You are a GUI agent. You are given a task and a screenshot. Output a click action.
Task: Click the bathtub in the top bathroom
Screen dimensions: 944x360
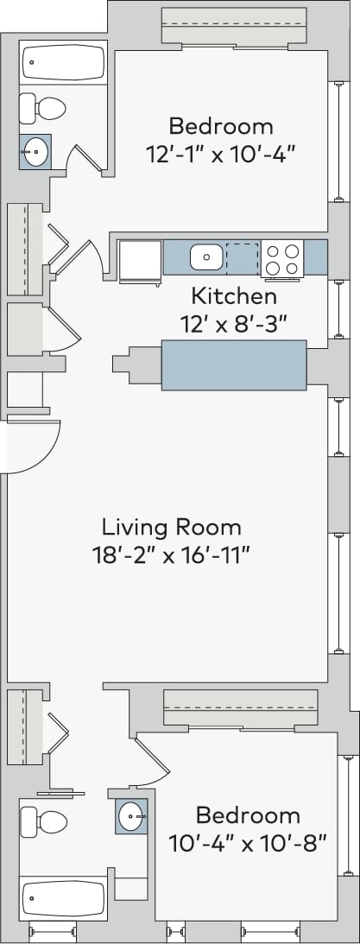tap(63, 63)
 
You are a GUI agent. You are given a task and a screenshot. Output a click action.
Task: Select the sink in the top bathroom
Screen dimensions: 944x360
tap(35, 152)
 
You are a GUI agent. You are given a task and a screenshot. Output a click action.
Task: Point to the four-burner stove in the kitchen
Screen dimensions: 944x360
tap(281, 258)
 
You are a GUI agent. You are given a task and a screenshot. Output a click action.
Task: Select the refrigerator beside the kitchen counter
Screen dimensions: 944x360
tap(140, 260)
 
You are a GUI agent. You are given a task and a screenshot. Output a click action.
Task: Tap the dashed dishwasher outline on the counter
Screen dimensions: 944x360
tap(242, 257)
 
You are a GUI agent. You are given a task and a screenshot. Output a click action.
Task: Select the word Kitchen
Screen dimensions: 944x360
tap(233, 297)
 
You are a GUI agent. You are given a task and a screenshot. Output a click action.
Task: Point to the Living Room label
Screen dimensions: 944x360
tap(172, 526)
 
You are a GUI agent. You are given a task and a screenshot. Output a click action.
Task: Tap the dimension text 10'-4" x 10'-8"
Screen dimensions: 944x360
tap(247, 842)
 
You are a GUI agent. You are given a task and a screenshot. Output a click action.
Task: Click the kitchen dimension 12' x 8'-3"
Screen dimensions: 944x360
tap(233, 325)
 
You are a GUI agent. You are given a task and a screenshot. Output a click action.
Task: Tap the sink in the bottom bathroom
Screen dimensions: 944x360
tap(132, 814)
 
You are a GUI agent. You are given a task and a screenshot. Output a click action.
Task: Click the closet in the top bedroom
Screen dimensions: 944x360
tap(234, 26)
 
